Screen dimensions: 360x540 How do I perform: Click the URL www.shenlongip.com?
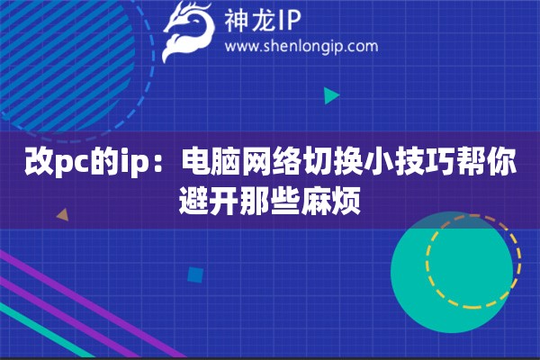click(301, 46)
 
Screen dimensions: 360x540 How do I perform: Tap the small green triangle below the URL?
click(331, 94)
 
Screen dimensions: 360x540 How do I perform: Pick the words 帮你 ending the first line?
click(494, 165)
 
